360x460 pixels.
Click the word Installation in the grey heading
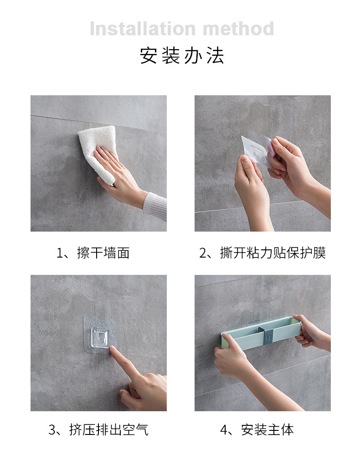(x=143, y=29)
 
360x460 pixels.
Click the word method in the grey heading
(x=238, y=29)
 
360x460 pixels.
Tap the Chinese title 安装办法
(x=182, y=55)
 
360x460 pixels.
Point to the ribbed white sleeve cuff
(x=156, y=205)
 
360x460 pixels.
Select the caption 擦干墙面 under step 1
(x=103, y=253)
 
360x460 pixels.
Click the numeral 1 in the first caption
(x=60, y=253)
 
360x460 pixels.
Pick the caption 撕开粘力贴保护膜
(x=273, y=253)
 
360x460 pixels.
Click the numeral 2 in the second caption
(x=203, y=253)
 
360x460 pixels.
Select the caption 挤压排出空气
(x=109, y=430)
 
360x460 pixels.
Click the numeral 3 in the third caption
(x=52, y=430)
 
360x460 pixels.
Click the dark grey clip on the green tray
(x=268, y=336)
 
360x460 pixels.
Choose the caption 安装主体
(x=267, y=430)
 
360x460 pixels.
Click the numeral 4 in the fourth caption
(x=224, y=430)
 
